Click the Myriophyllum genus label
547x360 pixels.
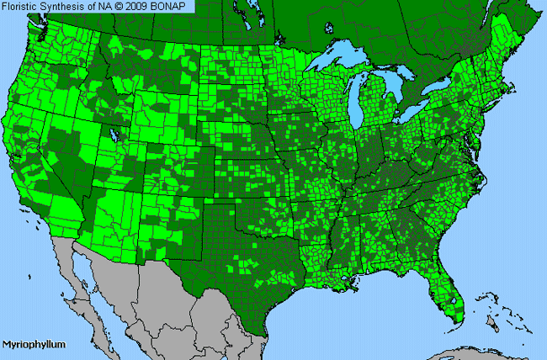pyautogui.click(x=33, y=345)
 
